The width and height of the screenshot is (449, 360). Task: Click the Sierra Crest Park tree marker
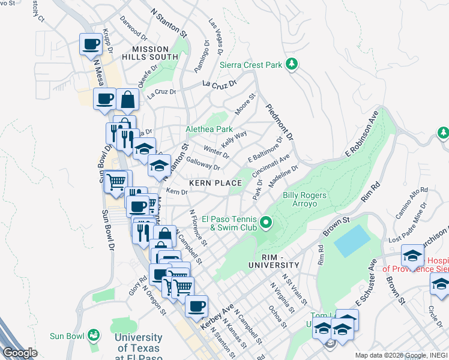pos(292,64)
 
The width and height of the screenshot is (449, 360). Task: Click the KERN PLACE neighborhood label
pos(215,182)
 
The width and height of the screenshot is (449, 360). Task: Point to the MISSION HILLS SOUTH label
pos(147,52)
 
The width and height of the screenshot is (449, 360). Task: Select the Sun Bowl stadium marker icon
pos(93,334)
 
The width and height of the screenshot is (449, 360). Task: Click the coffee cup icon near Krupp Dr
pos(91,44)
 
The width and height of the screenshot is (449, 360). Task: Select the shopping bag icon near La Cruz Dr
pos(128,100)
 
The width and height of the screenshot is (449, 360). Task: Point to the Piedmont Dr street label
pos(280,123)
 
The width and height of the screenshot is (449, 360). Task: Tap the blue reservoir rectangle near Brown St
pos(352,242)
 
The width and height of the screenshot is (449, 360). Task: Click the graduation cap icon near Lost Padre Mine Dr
pos(412,256)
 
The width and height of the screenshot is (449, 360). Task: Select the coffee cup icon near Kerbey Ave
pos(196,306)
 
